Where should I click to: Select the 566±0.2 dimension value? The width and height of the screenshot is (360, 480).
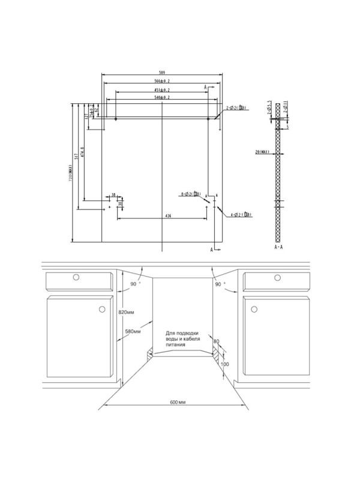click(162, 81)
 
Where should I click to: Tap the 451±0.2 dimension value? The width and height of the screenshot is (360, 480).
click(162, 90)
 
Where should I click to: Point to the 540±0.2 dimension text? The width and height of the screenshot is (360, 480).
click(162, 97)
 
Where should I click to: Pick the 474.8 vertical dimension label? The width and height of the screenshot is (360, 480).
click(83, 154)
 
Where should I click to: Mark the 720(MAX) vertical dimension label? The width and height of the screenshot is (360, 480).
click(70, 173)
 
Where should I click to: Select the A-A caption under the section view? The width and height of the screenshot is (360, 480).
click(278, 247)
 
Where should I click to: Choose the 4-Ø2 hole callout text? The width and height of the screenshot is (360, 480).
click(240, 214)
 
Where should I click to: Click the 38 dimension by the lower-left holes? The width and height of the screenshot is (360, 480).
click(113, 195)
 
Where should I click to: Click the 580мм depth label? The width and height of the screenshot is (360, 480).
click(133, 331)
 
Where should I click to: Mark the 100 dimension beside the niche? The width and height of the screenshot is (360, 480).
click(225, 364)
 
